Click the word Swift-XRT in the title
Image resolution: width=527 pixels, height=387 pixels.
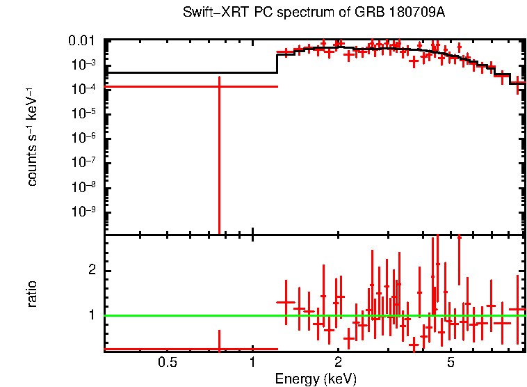pos(208,14)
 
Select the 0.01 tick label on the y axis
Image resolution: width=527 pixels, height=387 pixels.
pos(85,41)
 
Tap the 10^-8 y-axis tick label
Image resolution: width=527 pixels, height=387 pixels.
pos(85,187)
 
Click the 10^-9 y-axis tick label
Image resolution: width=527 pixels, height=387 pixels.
pos(85,212)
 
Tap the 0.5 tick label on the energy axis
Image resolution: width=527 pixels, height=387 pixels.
pos(166,362)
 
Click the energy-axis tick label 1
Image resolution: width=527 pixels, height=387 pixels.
pos(252,362)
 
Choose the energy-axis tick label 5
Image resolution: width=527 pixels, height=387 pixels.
pos(451,362)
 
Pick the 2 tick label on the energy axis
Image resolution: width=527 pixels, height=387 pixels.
pos(338,362)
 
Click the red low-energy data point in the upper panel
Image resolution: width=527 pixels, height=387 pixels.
pos(219,86)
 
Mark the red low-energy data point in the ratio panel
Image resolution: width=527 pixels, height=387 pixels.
pos(219,349)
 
